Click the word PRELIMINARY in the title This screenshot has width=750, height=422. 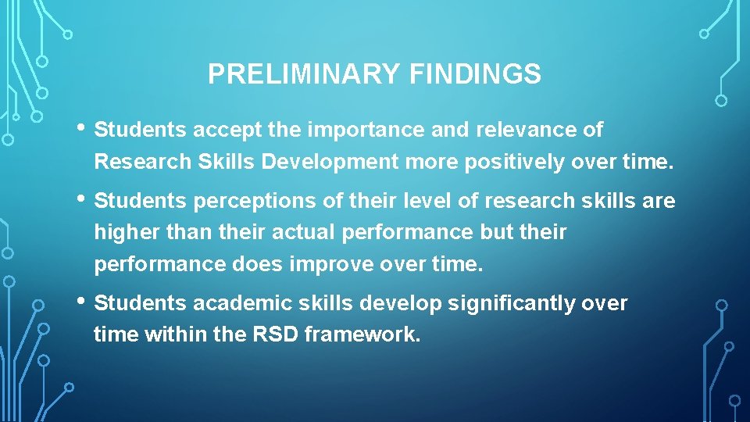tap(305, 74)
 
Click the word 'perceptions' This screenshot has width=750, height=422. tap(248, 202)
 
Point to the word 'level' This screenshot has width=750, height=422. tap(427, 202)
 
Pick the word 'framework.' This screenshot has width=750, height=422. tap(362, 335)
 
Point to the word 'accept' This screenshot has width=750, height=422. tap(220, 130)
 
